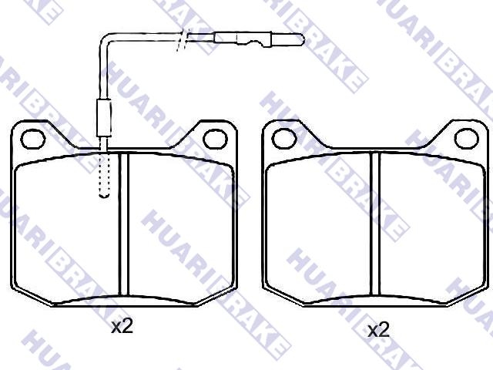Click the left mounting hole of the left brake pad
tap(32, 139)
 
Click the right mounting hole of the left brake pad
tap(215, 139)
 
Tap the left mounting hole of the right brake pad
tap(284, 139)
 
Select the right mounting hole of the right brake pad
tap(467, 139)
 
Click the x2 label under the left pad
tap(122, 327)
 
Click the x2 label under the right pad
tap(378, 331)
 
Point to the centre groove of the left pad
tap(124, 224)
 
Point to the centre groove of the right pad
tap(375, 224)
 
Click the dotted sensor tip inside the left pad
tap(105, 175)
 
